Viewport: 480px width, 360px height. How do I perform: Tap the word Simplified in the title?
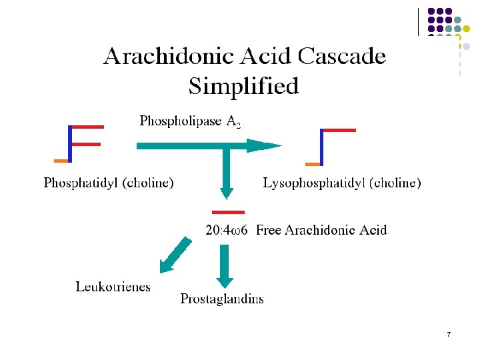tap(243, 86)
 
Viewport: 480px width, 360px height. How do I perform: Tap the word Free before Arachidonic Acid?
tap(269, 230)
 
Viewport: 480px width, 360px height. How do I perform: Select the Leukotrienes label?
tap(113, 287)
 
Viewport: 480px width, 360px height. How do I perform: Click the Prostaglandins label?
tap(222, 299)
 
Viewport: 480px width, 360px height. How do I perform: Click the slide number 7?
tap(449, 333)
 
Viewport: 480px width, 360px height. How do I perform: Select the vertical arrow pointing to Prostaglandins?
tap(224, 265)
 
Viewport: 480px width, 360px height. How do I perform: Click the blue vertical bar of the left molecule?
tap(70, 144)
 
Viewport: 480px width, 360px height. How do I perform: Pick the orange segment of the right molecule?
tap(312, 164)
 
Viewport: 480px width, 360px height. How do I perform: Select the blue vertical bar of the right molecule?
tap(321, 147)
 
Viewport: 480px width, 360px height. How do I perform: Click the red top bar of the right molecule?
tap(339, 131)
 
